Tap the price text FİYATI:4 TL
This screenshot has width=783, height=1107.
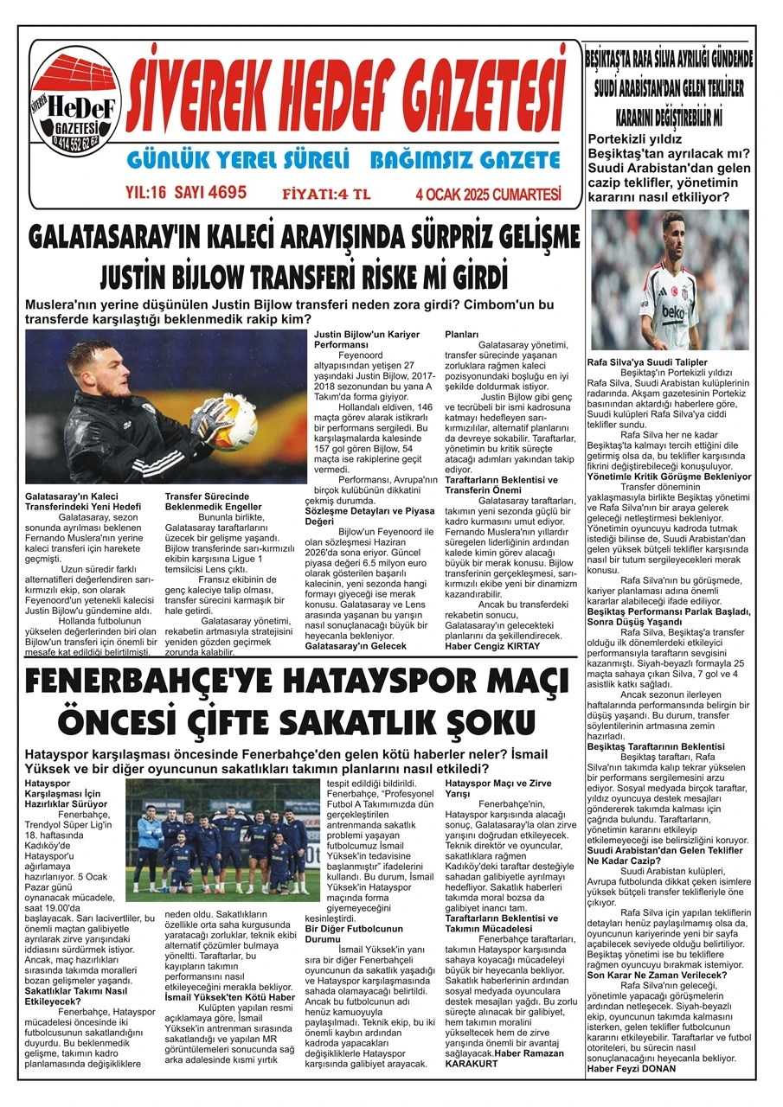(x=326, y=194)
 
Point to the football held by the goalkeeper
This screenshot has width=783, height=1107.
(x=232, y=422)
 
